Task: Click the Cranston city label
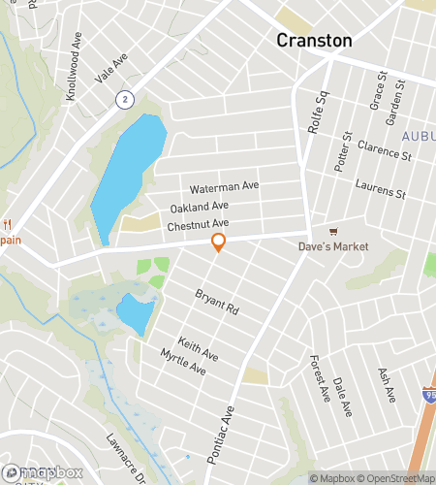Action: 314,40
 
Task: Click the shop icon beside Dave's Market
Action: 333,231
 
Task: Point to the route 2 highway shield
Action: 124,99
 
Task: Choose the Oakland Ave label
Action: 199,207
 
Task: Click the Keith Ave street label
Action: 198,350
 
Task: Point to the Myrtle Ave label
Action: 183,362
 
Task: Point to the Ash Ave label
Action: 385,384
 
